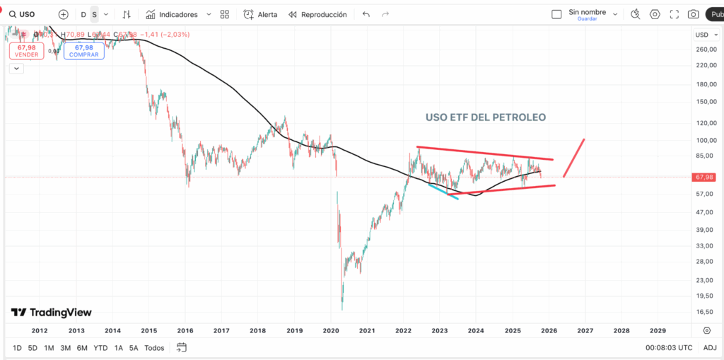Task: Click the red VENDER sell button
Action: [x=27, y=51]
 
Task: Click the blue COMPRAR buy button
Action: [x=83, y=51]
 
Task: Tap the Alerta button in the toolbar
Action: [x=260, y=14]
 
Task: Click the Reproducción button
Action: [x=317, y=14]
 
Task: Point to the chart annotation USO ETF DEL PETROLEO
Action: [x=485, y=117]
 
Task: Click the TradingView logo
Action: [x=51, y=313]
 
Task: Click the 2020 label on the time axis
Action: [x=332, y=330]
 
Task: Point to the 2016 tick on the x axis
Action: [x=185, y=330]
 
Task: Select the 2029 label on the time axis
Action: [x=658, y=330]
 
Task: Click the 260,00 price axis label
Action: [x=706, y=50]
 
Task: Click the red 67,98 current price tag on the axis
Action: [x=706, y=178]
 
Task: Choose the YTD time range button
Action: [x=100, y=348]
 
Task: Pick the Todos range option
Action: [x=154, y=348]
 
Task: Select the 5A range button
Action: [x=134, y=348]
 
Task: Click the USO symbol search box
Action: [x=28, y=14]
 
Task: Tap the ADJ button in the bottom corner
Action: [x=710, y=348]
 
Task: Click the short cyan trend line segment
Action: [x=443, y=192]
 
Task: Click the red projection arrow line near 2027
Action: [x=574, y=158]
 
